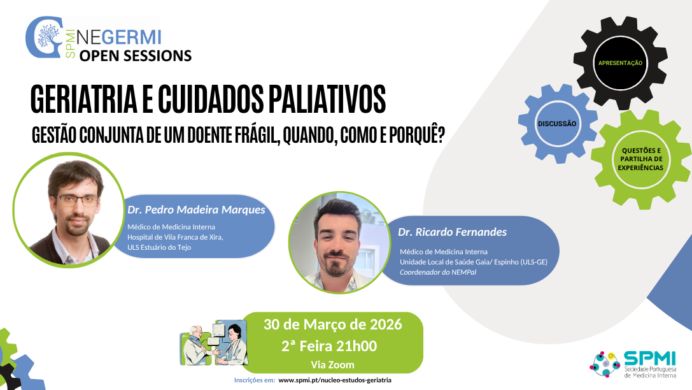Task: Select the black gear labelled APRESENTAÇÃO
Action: tap(620, 62)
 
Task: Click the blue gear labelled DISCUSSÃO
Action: tap(557, 123)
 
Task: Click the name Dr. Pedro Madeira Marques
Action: tap(196, 210)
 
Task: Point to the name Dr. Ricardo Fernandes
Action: tap(453, 232)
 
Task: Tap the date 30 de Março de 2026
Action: tap(332, 324)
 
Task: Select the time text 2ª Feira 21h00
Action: tap(329, 346)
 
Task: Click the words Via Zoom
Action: tap(332, 365)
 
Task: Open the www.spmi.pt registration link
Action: tap(335, 380)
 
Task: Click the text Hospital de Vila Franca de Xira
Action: tap(175, 237)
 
